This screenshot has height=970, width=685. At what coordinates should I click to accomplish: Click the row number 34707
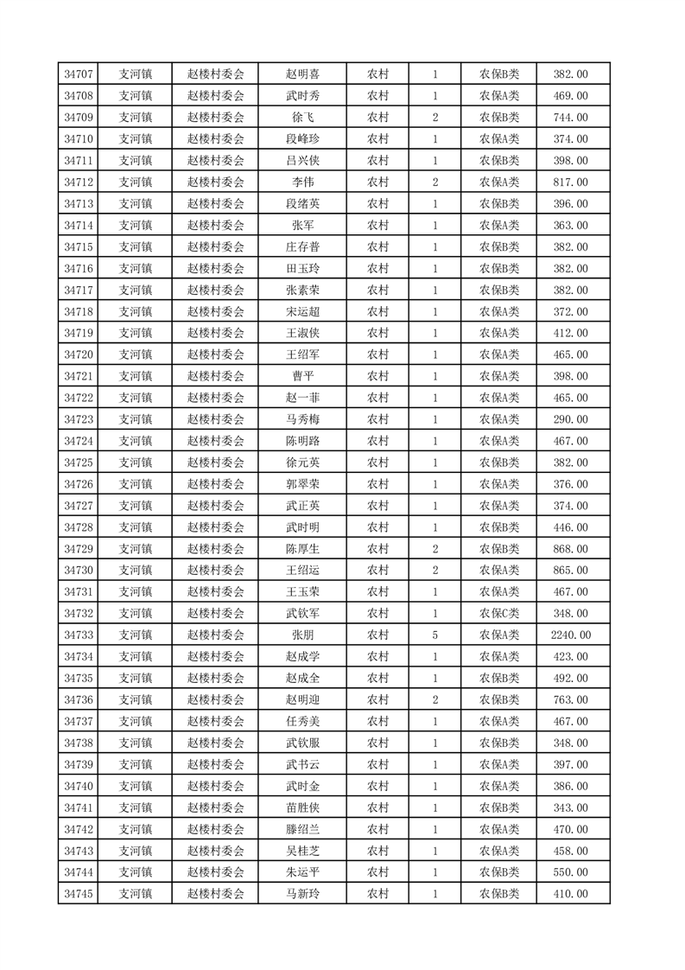click(79, 74)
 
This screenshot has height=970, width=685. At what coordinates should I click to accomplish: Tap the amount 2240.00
click(570, 635)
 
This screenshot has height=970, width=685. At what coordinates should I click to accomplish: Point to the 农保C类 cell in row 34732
click(499, 614)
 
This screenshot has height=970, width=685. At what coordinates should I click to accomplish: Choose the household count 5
click(434, 635)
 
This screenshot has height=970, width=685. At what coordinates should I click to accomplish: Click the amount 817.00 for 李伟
click(570, 182)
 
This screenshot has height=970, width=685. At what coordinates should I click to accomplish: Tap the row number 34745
click(79, 894)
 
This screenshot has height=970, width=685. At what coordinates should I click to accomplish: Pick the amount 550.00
click(570, 872)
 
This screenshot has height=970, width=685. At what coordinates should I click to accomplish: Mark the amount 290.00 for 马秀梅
click(570, 419)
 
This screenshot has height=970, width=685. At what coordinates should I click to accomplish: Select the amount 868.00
click(570, 549)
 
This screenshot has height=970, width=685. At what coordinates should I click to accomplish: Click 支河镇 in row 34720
click(135, 354)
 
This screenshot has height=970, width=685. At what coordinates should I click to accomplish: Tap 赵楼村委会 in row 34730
click(216, 571)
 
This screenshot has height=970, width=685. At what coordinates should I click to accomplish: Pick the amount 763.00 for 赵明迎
click(570, 700)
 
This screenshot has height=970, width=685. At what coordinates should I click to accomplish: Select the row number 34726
click(79, 484)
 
